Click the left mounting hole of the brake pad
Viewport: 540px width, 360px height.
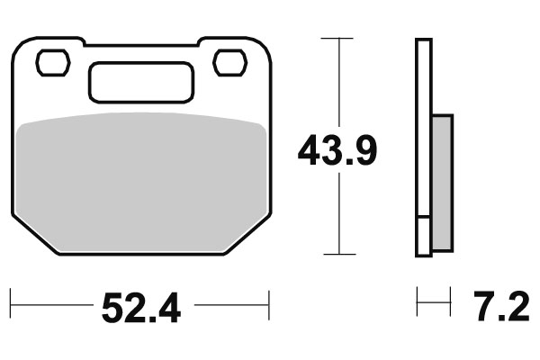pos(52,63)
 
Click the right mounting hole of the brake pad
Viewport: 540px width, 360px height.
pos(229,63)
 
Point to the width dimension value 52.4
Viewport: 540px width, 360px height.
pos(141,309)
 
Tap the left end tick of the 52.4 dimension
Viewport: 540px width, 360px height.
pos(11,303)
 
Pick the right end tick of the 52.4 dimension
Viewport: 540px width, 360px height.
pos(269,303)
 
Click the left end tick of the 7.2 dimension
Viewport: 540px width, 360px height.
pos(417,303)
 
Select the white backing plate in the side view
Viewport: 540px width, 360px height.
pos(423,126)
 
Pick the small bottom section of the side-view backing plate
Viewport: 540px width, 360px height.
pos(423,236)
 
